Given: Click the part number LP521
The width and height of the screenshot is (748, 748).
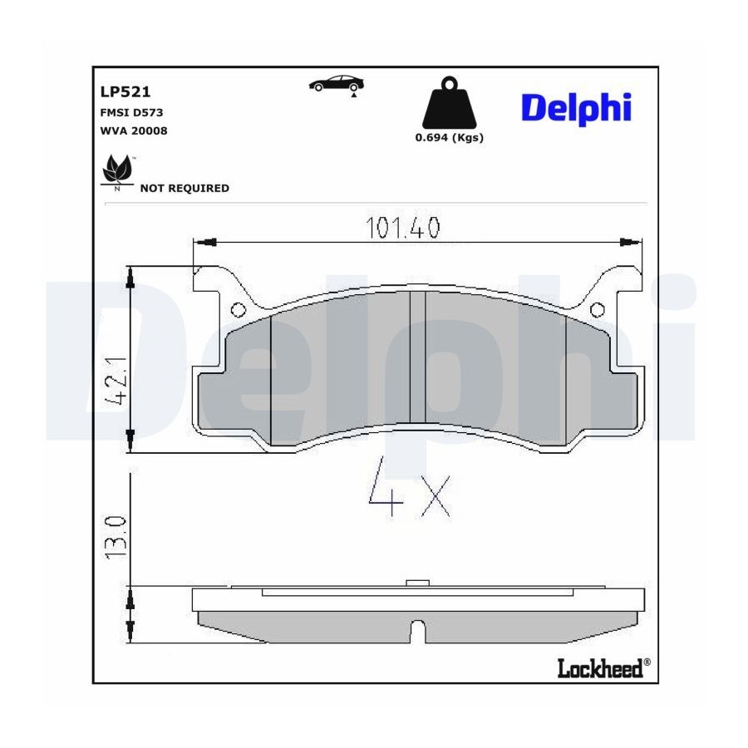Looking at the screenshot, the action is pyautogui.click(x=125, y=91).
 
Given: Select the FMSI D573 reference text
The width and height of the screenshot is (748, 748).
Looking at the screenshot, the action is pyautogui.click(x=131, y=112).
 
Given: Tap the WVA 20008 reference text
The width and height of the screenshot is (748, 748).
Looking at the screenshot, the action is pyautogui.click(x=134, y=130).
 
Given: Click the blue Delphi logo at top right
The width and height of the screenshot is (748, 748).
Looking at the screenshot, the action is pyautogui.click(x=576, y=109).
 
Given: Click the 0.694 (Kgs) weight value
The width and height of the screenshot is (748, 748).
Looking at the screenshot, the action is pyautogui.click(x=450, y=137).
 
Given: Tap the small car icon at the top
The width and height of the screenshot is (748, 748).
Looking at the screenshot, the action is pyautogui.click(x=337, y=85).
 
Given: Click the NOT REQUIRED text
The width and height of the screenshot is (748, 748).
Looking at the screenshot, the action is pyautogui.click(x=185, y=188).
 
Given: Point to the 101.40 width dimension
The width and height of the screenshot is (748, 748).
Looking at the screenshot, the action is pyautogui.click(x=402, y=228).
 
